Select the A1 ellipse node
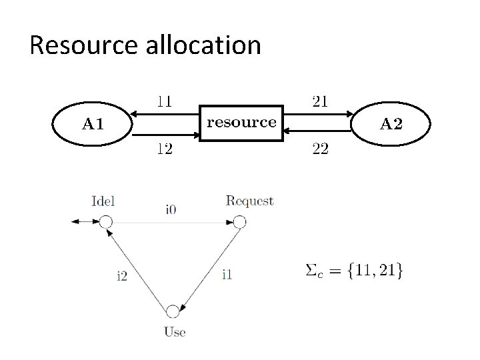(x=93, y=123)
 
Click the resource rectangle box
(x=241, y=122)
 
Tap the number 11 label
(x=164, y=102)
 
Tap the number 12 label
(x=164, y=149)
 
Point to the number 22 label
(x=320, y=149)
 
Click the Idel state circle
(x=105, y=222)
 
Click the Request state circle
(x=240, y=222)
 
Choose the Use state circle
(x=173, y=311)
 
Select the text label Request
(x=249, y=201)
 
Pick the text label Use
(x=174, y=331)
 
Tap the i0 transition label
(x=171, y=209)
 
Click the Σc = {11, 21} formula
(x=353, y=271)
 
